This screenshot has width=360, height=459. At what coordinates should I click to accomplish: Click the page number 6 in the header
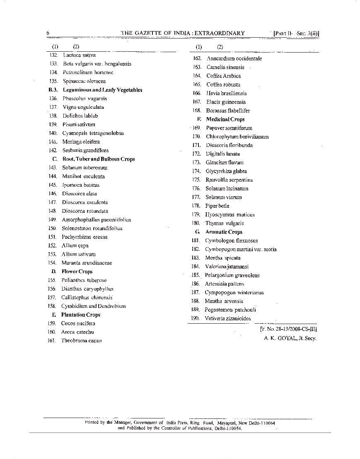[x=48, y=33]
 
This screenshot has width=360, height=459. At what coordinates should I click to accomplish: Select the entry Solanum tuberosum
[x=85, y=168]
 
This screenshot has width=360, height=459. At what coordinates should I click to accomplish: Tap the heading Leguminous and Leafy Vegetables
[x=102, y=90]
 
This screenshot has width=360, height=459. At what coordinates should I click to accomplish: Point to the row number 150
[x=52, y=228]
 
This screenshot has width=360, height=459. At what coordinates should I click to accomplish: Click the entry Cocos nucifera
[x=78, y=323]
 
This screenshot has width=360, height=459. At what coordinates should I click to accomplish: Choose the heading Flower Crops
[x=77, y=272]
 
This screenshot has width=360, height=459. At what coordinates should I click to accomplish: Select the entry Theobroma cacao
[x=81, y=341]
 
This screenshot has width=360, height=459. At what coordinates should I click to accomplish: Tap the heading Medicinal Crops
[x=225, y=119]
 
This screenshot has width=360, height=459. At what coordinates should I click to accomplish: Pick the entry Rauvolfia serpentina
[x=229, y=180]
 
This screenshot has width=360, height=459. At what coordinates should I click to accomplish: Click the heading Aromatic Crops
[x=224, y=232]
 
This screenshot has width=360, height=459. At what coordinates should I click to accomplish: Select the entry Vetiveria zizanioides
[x=227, y=318]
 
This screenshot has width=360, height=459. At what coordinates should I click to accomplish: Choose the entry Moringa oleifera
[x=81, y=142]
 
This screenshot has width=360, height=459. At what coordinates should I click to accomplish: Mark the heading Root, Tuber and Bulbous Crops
[x=98, y=159]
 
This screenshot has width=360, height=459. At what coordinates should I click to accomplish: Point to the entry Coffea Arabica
[x=223, y=76]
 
